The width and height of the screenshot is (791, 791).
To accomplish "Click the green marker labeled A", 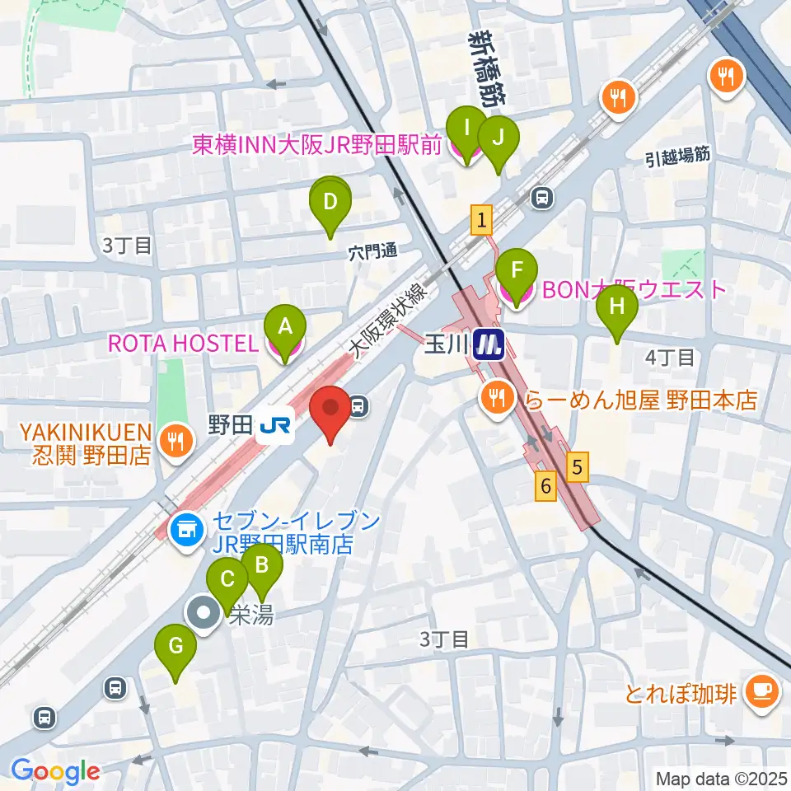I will tap(285, 327).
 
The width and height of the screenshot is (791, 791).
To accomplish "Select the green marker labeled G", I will tap(176, 646).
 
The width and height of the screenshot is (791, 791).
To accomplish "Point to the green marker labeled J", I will tap(497, 138).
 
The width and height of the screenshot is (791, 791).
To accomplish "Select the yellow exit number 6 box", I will tap(545, 486).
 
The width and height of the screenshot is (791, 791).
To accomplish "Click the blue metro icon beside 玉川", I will tap(490, 344).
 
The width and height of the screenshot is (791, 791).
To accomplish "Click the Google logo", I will tap(55, 770).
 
